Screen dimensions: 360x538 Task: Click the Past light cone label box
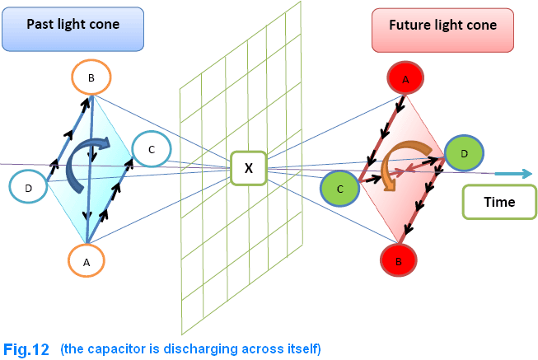point(73,29)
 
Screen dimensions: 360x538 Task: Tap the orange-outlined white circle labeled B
point(91,77)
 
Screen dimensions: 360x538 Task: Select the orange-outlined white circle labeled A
point(87,261)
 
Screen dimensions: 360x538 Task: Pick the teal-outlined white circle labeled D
point(29,189)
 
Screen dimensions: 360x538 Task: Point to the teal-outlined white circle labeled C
point(151,149)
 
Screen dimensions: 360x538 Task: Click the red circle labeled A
point(405,80)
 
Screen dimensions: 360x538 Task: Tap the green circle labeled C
point(340,189)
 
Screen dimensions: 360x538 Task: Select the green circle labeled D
point(465,153)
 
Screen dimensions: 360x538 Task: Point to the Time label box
point(498,202)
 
